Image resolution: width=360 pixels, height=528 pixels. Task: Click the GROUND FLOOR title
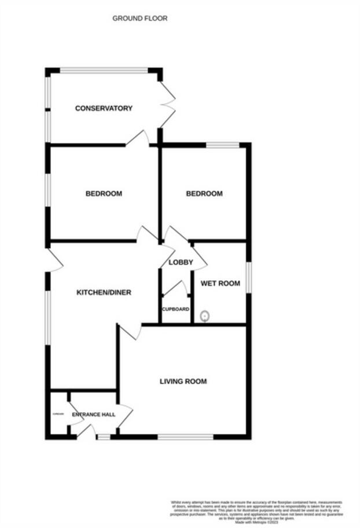pos(140,19)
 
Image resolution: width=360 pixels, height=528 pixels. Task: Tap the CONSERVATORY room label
pos(104,108)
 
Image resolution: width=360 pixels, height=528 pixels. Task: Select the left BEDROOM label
pos(104,193)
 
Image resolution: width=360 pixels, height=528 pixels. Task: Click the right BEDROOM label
pos(204,193)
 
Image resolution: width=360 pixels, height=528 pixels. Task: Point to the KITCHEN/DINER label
pos(104,292)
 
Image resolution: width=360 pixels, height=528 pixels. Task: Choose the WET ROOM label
pos(220,284)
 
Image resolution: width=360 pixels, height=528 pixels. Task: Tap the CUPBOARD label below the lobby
pos(176,309)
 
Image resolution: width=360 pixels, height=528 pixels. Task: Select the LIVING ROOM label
pos(183,381)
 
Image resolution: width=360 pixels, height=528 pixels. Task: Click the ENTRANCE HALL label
pos(94,415)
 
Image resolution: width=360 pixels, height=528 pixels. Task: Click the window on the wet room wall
pos(249,278)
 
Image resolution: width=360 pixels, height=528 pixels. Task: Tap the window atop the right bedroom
pos(223,145)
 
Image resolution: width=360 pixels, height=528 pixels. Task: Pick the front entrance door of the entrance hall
pos(86,431)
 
